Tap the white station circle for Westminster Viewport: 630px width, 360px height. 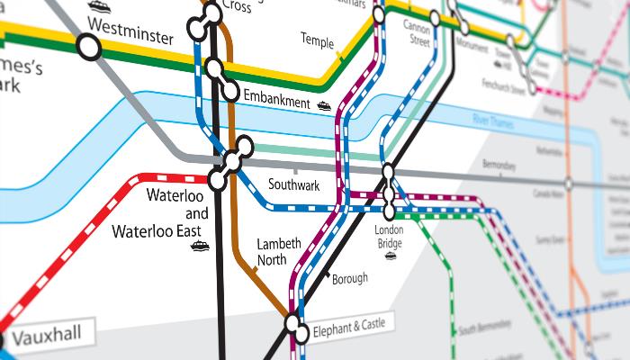click(x=88, y=47)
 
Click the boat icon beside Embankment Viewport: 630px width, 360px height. click(x=324, y=106)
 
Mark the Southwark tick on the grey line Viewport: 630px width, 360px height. click(x=295, y=169)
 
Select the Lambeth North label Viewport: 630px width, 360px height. click(x=272, y=252)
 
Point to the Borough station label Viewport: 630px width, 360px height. click(x=350, y=279)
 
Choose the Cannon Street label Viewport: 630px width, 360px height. click(x=417, y=33)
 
